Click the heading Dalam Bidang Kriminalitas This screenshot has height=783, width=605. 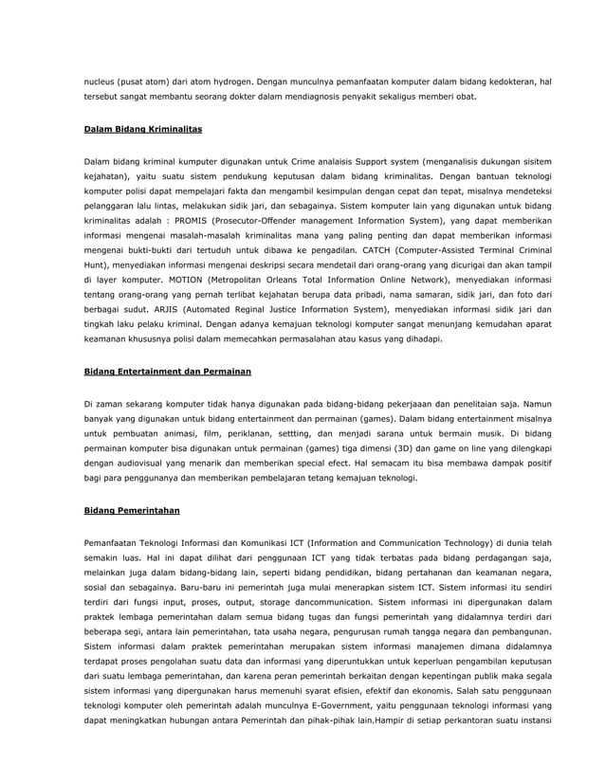tap(142, 126)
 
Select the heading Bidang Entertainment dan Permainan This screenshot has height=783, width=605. tap(168, 371)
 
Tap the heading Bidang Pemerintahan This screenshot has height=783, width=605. tap(132, 509)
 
